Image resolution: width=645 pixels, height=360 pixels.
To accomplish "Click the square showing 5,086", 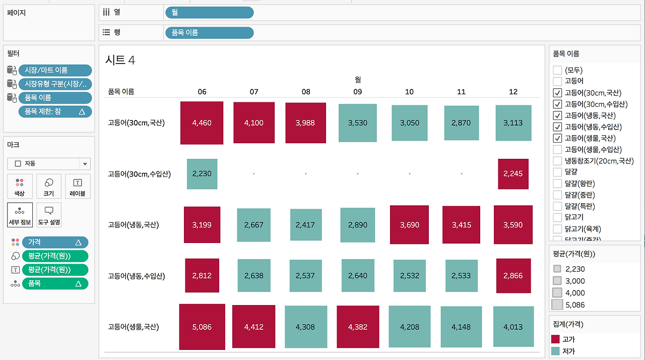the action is tap(202, 327).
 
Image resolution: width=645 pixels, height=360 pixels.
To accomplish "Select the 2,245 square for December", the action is tap(513, 173).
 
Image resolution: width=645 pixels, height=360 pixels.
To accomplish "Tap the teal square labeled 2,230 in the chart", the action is tap(202, 173).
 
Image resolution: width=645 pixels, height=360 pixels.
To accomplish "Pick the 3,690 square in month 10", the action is tap(409, 225).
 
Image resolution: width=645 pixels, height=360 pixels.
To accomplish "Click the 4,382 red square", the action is tap(358, 327).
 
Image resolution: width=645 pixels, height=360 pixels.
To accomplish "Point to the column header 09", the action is tap(357, 92).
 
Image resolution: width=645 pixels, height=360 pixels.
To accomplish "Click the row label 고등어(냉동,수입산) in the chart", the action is tap(137, 276).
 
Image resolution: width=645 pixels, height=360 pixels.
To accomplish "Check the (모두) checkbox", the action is tap(557, 70).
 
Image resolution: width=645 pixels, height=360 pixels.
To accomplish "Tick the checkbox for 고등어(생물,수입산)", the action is tap(557, 149).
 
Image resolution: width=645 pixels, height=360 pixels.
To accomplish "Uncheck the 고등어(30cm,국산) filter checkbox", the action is tap(557, 93).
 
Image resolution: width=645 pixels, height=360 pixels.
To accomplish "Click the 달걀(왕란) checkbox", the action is tap(557, 184).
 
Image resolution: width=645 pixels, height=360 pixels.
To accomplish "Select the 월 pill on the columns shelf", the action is tap(209, 13).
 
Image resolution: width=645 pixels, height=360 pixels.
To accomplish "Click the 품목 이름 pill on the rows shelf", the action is tap(209, 32).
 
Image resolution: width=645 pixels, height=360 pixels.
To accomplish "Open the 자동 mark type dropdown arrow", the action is tap(85, 164).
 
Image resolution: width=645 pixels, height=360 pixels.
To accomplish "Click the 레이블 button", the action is tap(78, 187).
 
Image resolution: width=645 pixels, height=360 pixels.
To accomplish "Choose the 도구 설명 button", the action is tap(49, 215).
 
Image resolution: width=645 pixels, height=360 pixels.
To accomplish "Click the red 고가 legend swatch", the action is tap(555, 339).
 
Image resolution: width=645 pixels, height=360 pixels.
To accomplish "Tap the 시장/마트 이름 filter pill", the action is tap(55, 70).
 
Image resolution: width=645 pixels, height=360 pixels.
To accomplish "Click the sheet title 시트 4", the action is tap(120, 60).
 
